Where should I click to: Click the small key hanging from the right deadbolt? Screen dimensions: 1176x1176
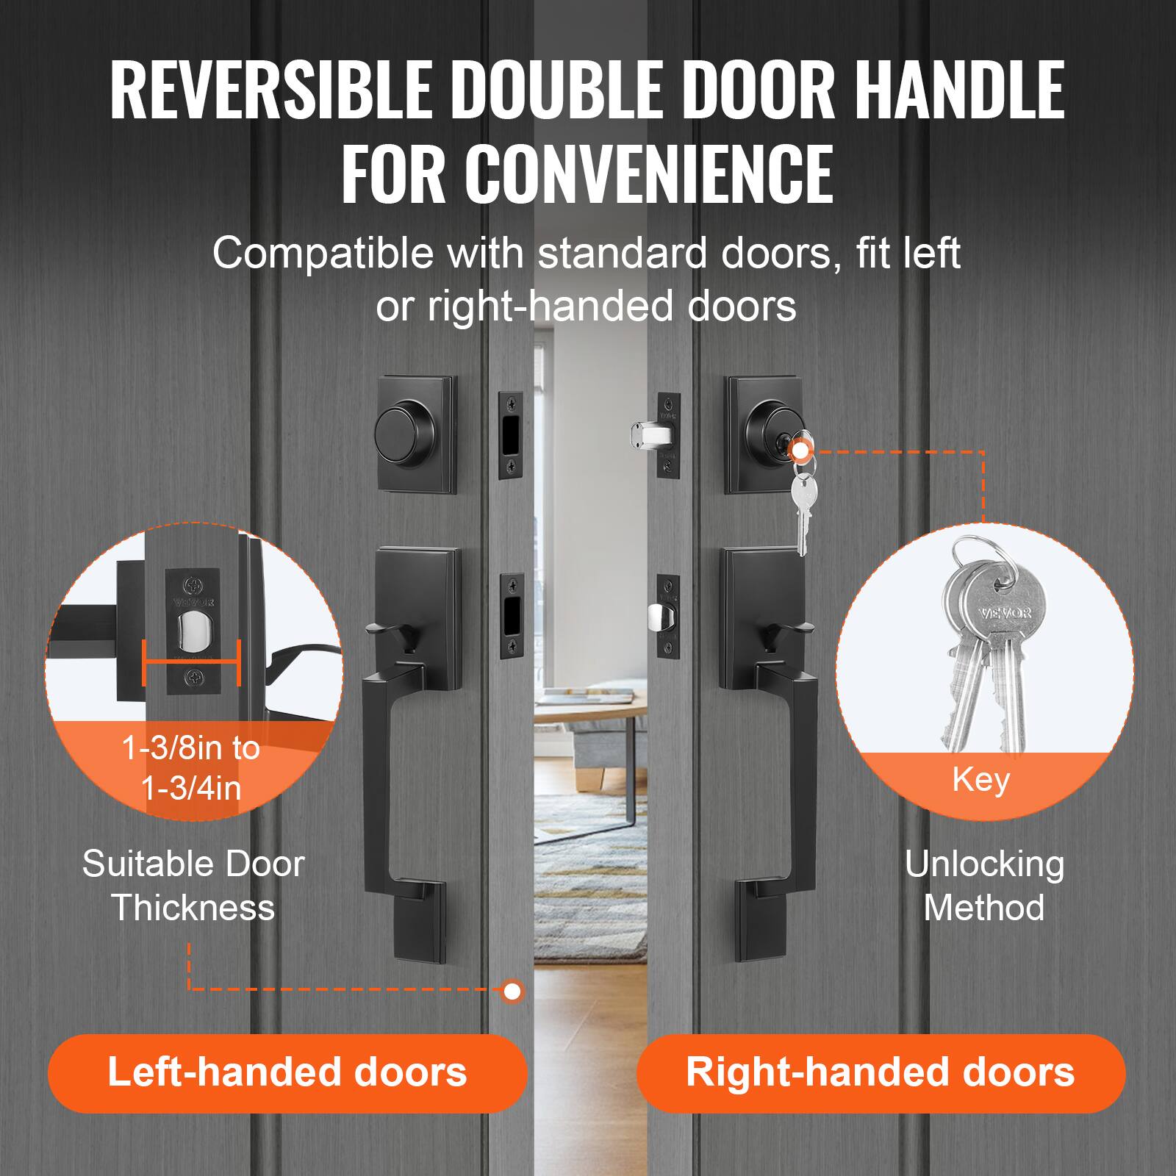tap(803, 507)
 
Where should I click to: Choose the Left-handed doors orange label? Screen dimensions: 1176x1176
tap(287, 1072)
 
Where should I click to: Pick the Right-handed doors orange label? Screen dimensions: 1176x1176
tap(880, 1072)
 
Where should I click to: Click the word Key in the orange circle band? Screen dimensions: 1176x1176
tap(980, 779)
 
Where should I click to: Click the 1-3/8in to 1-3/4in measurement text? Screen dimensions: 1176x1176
tap(191, 769)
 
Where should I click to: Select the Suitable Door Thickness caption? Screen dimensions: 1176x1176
tap(193, 886)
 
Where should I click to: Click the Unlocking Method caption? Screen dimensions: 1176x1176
tap(983, 886)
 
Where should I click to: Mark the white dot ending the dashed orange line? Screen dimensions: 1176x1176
tap(513, 992)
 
